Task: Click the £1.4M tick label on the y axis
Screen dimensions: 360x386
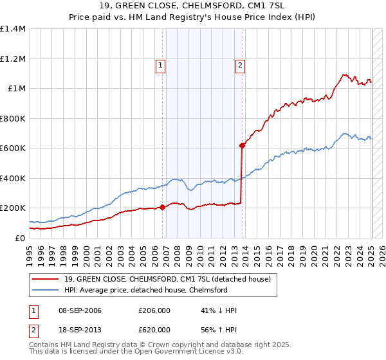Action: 13,29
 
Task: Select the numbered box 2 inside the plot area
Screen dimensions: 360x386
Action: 239,64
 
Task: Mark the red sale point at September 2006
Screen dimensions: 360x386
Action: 163,207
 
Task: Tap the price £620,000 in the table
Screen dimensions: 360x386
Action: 154,330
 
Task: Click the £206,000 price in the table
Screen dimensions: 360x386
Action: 154,311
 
